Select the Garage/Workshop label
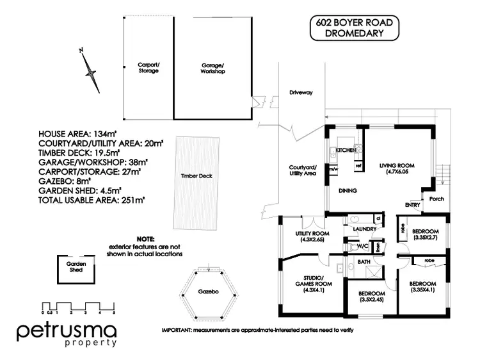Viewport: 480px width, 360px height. click(213, 68)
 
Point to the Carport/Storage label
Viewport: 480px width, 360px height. click(148, 68)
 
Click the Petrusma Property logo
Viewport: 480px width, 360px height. click(67, 334)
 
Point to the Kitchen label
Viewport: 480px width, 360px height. click(346, 150)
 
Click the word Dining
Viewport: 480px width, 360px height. click(348, 190)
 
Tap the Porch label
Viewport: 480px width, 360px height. click(437, 199)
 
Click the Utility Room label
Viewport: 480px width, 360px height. click(312, 236)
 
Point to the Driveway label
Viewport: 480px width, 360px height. click(300, 93)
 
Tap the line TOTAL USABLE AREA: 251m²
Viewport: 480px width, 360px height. click(92, 200)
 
